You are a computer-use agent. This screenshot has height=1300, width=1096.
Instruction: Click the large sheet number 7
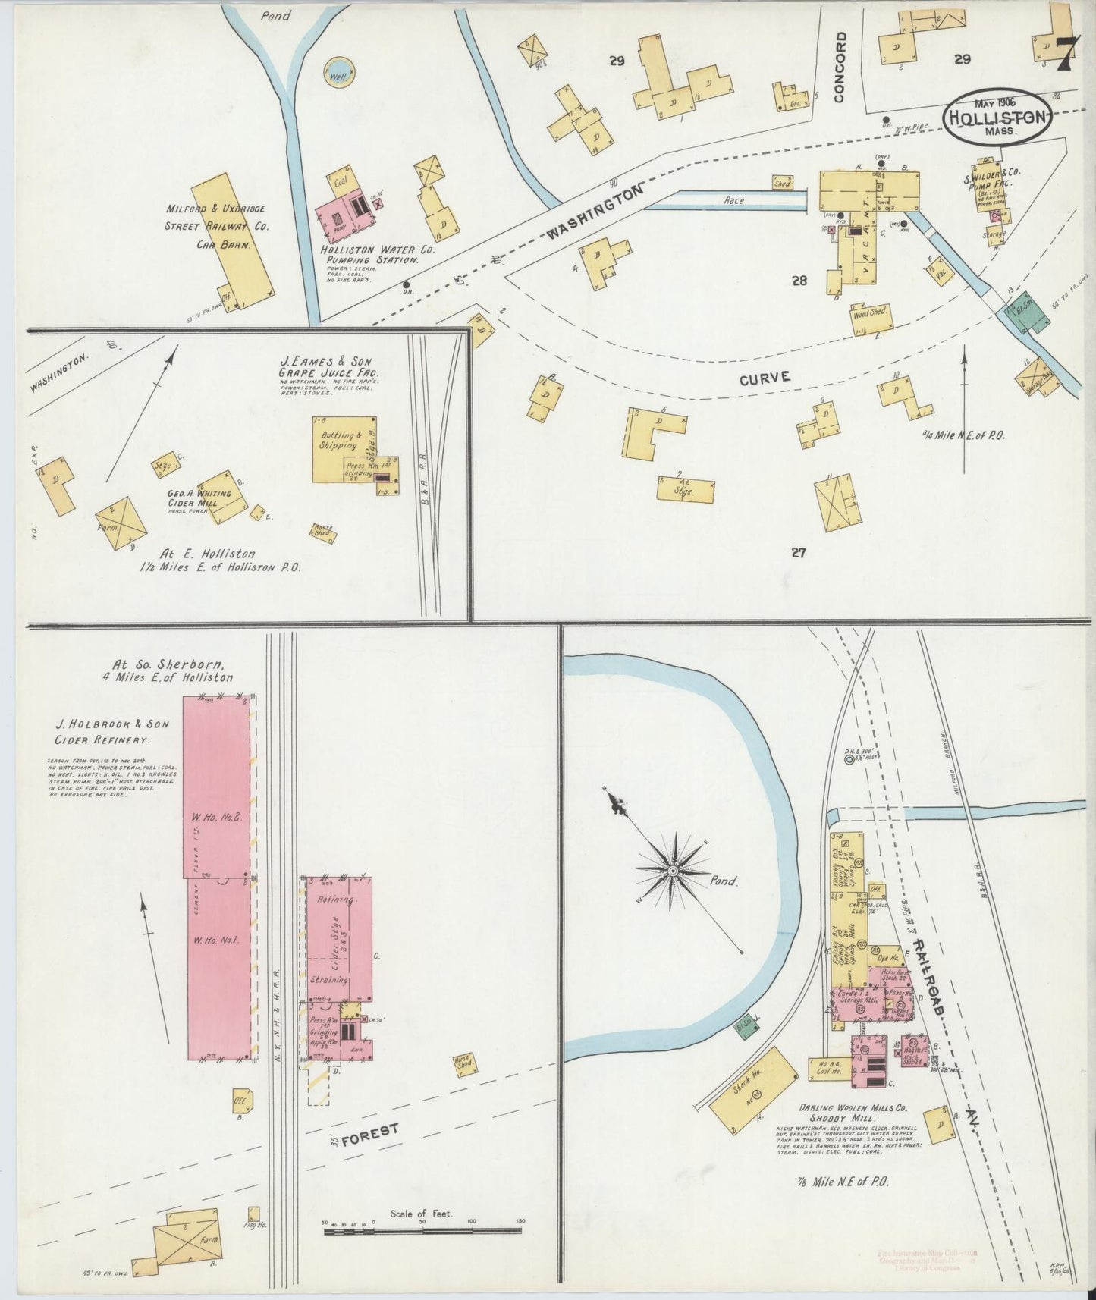(x=1068, y=52)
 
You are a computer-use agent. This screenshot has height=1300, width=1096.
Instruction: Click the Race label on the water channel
(x=733, y=201)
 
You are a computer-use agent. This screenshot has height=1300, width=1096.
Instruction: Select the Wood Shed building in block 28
(x=871, y=316)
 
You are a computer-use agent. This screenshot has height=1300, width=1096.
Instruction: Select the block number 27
(x=797, y=552)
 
